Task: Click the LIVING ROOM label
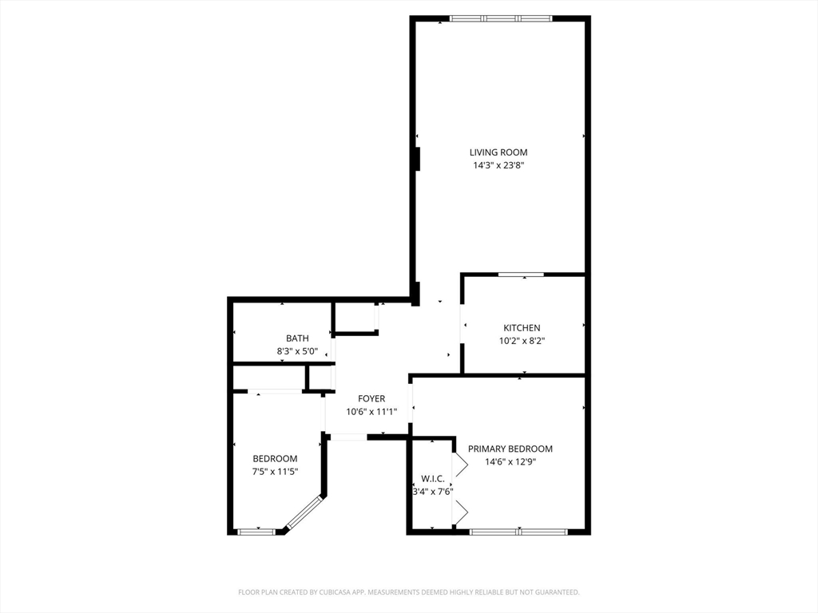(498, 152)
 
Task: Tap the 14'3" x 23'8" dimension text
(498, 166)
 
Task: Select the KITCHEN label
(522, 328)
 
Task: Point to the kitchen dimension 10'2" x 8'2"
(522, 341)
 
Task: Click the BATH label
(297, 338)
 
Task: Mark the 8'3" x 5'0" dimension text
(297, 351)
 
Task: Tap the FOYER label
(371, 399)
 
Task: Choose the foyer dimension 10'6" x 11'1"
(371, 412)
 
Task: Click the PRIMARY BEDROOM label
(510, 449)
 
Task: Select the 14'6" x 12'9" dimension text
(510, 461)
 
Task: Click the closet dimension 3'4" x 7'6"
(433, 492)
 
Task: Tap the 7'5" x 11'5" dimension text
(275, 472)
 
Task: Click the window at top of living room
(501, 18)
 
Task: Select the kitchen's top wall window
(521, 275)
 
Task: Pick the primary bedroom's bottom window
(518, 531)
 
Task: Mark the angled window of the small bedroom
(303, 513)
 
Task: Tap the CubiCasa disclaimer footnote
(408, 592)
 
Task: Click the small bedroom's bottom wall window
(256, 531)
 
